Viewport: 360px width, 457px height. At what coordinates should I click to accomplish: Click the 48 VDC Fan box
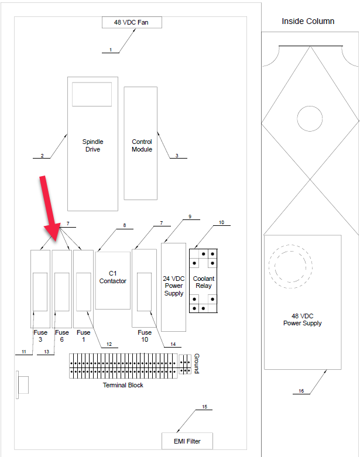click(x=132, y=22)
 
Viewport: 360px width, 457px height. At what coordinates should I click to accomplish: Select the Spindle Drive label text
click(x=92, y=145)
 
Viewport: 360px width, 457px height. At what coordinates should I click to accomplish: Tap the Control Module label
click(x=142, y=145)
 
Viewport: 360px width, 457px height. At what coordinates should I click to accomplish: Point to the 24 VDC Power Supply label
click(x=174, y=286)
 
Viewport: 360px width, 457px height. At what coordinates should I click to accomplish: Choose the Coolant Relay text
click(x=203, y=282)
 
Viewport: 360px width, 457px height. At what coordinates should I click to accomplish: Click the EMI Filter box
click(x=187, y=441)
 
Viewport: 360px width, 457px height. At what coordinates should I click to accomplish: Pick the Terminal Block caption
click(x=123, y=385)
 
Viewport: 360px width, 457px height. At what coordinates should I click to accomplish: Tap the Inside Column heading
click(x=308, y=21)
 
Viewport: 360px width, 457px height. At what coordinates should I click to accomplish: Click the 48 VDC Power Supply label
click(x=302, y=319)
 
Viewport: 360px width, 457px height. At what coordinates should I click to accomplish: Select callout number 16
click(x=301, y=391)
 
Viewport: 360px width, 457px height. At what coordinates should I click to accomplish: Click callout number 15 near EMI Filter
click(x=205, y=406)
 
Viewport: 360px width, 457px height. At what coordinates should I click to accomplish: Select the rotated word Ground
click(x=197, y=363)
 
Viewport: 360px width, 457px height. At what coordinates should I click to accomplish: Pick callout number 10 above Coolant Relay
click(x=221, y=222)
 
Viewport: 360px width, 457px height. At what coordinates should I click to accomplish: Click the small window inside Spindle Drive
click(x=92, y=94)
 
